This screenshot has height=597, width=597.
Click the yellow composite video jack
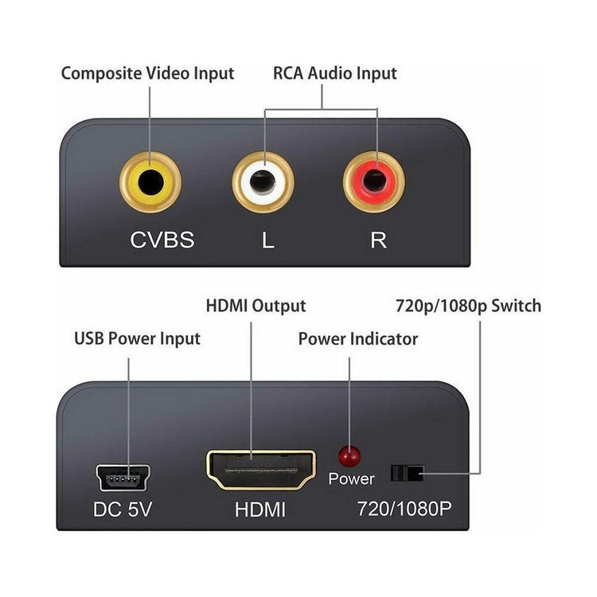coord(150,182)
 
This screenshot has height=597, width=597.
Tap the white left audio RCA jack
coord(263,182)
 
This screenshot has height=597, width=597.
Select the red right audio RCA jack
coord(374,182)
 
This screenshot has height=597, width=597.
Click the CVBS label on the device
coord(162,240)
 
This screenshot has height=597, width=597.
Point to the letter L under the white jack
coord(267,240)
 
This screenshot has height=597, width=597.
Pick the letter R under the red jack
coord(378,240)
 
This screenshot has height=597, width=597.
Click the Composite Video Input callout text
coord(147,74)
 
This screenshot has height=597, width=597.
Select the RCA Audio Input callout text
coord(334,74)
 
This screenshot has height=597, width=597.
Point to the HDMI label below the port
coord(260,509)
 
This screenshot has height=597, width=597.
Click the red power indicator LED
coord(349,456)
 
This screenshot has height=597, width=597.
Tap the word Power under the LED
coord(351,479)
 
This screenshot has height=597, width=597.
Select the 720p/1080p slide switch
coord(406,474)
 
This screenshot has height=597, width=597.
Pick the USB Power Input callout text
coord(137,339)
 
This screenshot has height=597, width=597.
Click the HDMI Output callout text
coord(256,306)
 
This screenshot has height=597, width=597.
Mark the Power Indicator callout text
coord(357,339)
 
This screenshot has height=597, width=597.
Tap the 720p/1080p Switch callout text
coord(468,306)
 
